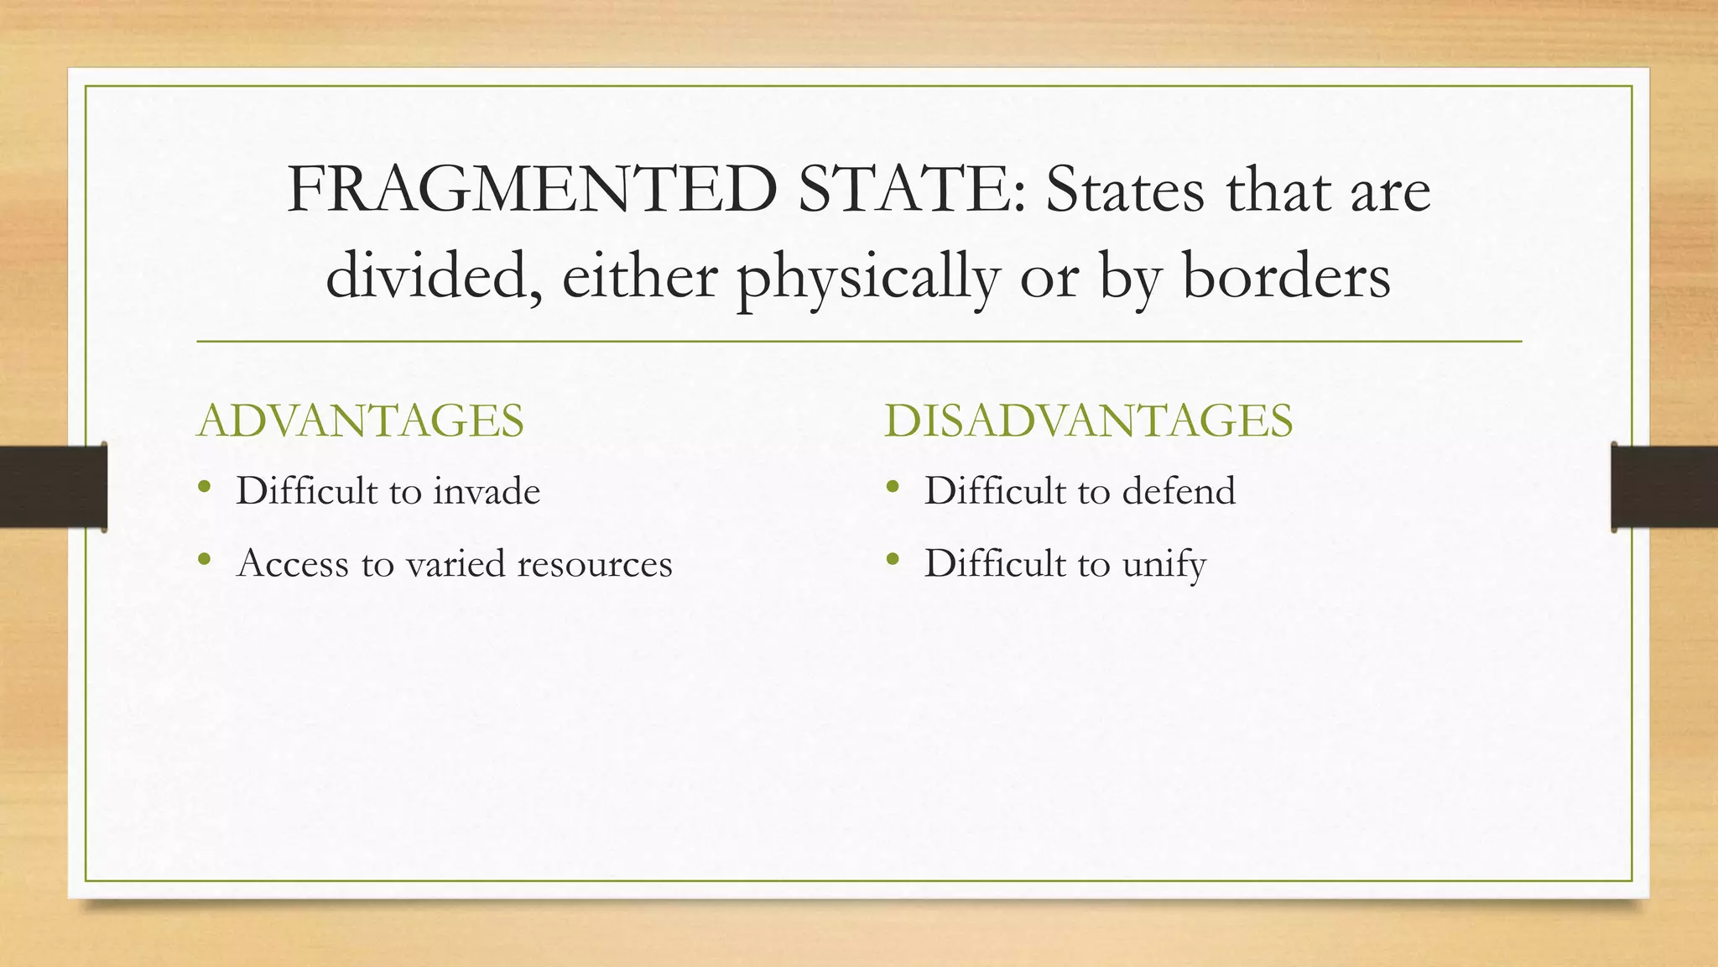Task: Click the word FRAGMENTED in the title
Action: [x=532, y=191]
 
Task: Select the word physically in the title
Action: [x=868, y=277]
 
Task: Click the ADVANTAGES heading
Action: [x=360, y=421]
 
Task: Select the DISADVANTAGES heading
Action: [x=1088, y=421]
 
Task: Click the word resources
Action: [x=595, y=564]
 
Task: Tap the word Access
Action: [x=292, y=564]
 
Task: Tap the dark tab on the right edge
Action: [x=1664, y=487]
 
